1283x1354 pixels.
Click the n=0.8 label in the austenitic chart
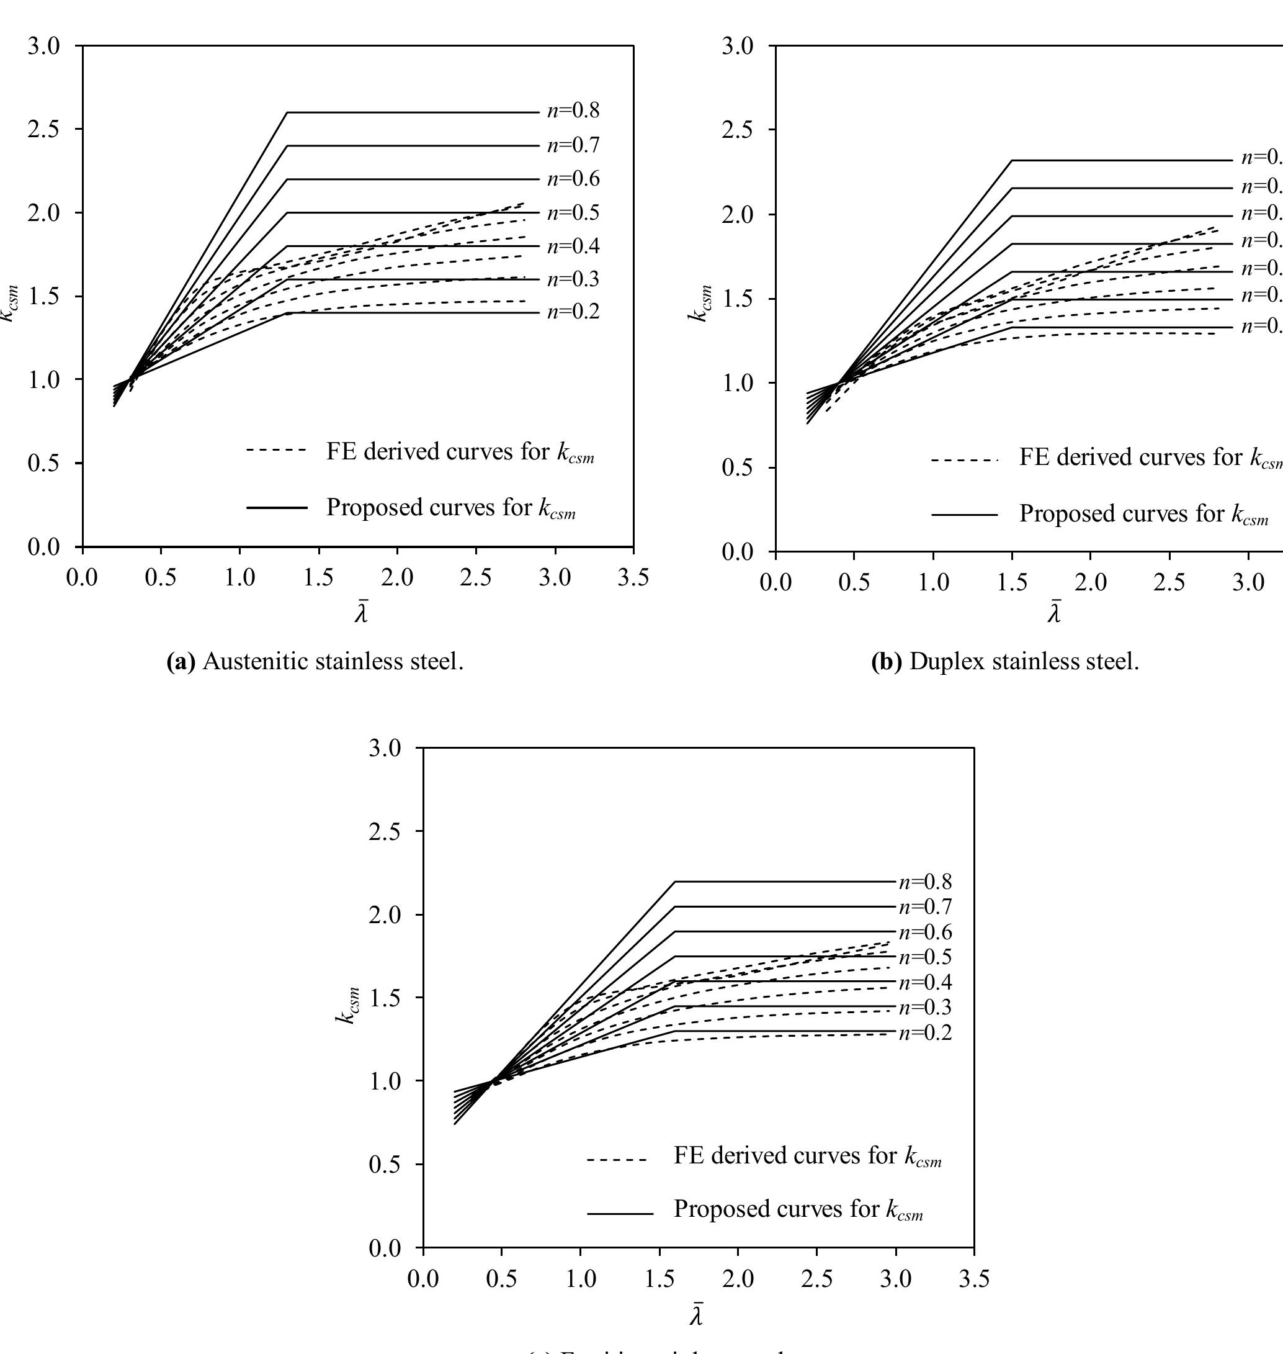coord(573,111)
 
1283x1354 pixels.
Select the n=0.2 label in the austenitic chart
coord(573,312)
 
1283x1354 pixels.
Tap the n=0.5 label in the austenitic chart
coord(573,213)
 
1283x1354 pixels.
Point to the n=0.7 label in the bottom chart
coord(925,906)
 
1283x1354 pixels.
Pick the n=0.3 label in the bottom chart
coord(925,1007)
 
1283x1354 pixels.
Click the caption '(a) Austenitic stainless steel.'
coord(315,662)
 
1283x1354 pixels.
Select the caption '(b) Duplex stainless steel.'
coord(1005,662)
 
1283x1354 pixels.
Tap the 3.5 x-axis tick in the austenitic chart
coord(633,578)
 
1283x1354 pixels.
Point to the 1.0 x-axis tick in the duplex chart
coord(933,583)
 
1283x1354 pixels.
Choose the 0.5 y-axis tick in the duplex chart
coord(737,468)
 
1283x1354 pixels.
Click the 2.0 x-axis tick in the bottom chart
coord(738,1279)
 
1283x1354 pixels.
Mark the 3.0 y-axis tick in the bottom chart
coord(385,749)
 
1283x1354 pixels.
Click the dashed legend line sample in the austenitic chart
coord(276,450)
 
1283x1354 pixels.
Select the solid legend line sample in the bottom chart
coord(620,1214)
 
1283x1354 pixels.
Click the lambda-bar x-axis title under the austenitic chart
coord(361,612)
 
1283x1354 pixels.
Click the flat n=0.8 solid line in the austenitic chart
coord(410,112)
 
